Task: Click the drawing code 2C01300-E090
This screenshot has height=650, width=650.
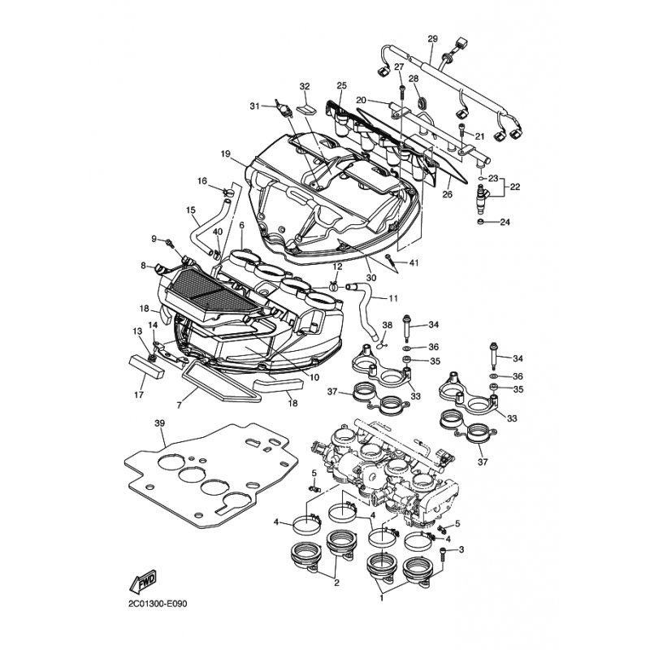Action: (158, 604)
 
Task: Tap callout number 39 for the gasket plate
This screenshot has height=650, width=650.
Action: (159, 423)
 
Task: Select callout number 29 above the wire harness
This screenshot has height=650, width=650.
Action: (432, 39)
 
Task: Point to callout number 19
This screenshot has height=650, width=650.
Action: (225, 154)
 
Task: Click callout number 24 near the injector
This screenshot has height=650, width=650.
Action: (505, 222)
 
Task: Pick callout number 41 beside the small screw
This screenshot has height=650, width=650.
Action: (414, 262)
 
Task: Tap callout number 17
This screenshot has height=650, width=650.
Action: (139, 395)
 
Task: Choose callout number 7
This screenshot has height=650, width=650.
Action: (179, 405)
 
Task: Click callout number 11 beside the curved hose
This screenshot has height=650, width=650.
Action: (393, 298)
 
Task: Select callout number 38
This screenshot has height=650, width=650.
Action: (387, 326)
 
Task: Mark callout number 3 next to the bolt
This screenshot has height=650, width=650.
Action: (461, 550)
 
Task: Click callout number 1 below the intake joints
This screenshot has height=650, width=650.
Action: (381, 598)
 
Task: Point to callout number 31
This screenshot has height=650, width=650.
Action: (254, 106)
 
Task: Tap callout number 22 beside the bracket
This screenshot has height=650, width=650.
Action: (514, 187)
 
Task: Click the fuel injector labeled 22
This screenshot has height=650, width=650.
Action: (483, 195)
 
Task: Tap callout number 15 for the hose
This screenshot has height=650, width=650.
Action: (191, 210)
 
